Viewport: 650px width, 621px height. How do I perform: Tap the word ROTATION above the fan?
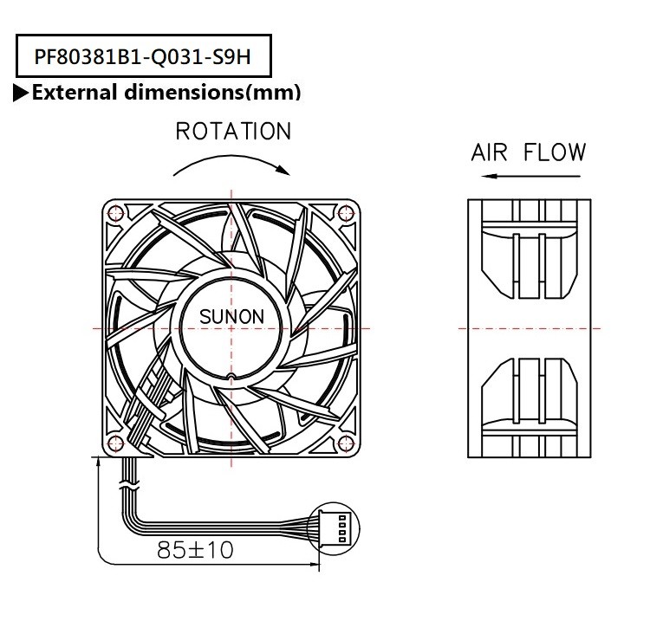(x=233, y=132)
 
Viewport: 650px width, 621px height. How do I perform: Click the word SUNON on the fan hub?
(x=231, y=317)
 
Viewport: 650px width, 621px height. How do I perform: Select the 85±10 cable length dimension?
(x=195, y=549)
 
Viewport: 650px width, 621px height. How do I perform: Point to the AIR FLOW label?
(x=528, y=153)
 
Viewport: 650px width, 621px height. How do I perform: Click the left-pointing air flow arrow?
(x=528, y=177)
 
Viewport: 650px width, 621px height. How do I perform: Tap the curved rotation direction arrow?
(x=231, y=163)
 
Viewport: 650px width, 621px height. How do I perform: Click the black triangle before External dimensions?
(x=21, y=93)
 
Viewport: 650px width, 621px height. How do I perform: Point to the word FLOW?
(x=555, y=153)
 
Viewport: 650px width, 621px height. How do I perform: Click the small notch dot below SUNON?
(x=231, y=376)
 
